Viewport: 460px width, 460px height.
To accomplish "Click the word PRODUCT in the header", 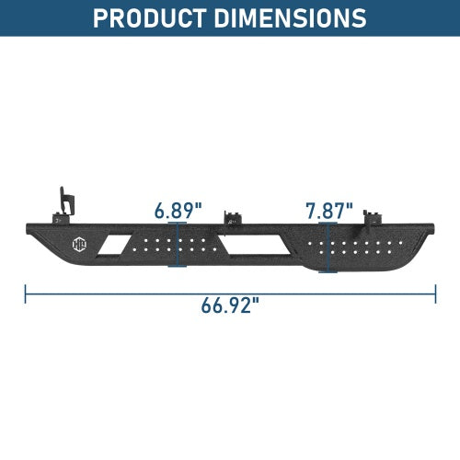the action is (149, 18).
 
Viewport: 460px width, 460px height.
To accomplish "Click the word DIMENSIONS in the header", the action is (290, 18).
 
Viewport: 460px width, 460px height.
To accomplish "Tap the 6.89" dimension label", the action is (178, 211).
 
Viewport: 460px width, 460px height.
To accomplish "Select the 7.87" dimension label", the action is (329, 211).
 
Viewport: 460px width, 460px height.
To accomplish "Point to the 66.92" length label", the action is (230, 305).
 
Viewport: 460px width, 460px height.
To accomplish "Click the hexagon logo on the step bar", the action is (79, 245).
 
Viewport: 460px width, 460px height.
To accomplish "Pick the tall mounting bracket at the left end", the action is (65, 204).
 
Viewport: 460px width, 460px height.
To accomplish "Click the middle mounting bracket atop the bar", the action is (232, 218).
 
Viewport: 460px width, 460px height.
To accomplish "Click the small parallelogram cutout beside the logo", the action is (114, 245).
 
